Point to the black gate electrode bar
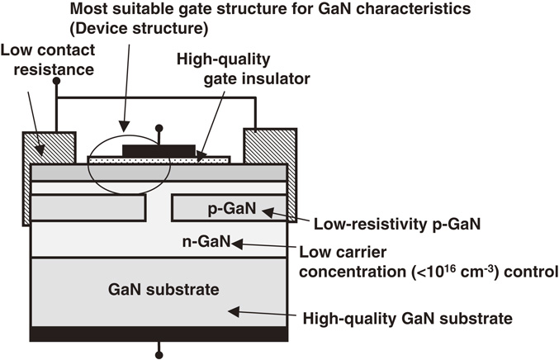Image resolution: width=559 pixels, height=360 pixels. [x=159, y=149]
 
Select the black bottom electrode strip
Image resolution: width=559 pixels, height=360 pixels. [x=159, y=333]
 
